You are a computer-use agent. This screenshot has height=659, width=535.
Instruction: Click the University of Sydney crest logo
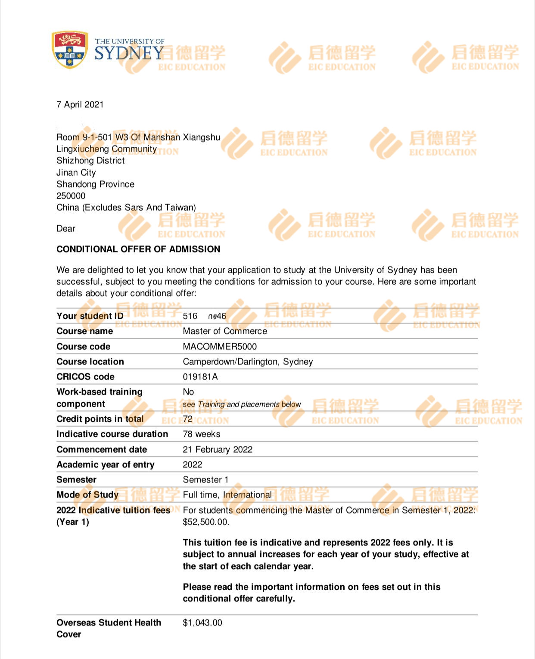pos(69,50)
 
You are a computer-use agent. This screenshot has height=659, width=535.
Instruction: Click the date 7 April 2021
pos(80,105)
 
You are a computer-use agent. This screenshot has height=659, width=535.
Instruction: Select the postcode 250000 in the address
pos(71,196)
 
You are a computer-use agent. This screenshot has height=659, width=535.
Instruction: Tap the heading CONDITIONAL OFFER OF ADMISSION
pos(138,249)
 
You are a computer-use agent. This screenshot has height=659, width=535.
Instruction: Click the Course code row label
pos(84,347)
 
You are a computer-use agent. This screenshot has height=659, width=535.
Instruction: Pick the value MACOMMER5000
pos(220,347)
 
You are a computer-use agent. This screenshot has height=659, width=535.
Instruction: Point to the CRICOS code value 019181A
pos(200,377)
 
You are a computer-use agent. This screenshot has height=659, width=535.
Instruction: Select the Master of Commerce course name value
pos(225,331)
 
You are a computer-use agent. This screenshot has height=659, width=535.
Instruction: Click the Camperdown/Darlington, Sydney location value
pos(248,362)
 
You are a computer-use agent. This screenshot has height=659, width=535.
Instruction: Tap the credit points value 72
pos(188,419)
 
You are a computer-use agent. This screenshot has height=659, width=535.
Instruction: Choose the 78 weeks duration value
pos(202,434)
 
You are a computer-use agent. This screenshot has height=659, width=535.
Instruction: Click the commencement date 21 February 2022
pos(218,450)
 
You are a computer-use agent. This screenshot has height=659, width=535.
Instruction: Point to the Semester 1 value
pos(205,480)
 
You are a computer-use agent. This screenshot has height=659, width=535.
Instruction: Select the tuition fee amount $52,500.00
pos(206,522)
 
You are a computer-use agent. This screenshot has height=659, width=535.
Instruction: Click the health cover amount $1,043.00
pos(202,623)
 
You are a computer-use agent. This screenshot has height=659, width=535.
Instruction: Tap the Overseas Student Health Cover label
pos(109,628)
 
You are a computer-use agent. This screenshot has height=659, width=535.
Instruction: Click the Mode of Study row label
pos(87,495)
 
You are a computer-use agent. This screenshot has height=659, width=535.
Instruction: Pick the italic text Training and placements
pos(239,404)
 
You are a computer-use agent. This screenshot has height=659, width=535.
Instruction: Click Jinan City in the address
pos(76,173)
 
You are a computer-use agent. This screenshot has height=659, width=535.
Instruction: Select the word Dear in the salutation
pos(66,229)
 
